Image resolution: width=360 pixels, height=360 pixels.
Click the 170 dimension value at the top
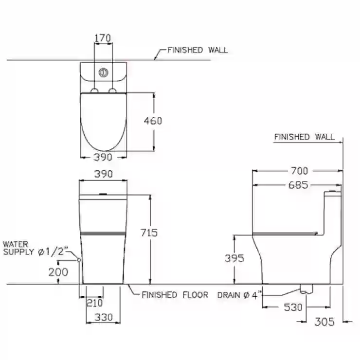103,38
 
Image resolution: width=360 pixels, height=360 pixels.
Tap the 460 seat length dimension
153,121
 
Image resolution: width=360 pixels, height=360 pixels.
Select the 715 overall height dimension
149,233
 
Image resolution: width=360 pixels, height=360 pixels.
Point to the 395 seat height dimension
234,258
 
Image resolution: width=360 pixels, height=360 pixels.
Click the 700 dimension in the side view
299,171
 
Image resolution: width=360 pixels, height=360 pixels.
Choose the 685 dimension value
298,185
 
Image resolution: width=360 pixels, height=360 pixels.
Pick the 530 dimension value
293,307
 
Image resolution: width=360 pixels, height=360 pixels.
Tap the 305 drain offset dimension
324,322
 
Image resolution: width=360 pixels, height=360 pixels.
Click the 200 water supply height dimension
58,272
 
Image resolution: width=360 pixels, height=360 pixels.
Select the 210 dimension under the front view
94,303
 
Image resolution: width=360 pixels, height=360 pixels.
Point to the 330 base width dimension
104,318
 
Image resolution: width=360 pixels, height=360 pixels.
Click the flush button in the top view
103,72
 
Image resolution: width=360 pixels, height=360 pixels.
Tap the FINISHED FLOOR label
175,295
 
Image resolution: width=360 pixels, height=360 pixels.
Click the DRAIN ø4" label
240,295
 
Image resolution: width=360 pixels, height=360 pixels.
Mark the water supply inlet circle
79,260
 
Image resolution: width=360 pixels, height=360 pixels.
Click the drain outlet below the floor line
306,289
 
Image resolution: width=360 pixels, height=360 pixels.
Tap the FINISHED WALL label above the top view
197,50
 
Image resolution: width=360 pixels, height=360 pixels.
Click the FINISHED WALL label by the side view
304,137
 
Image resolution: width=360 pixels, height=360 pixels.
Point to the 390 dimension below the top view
103,157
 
